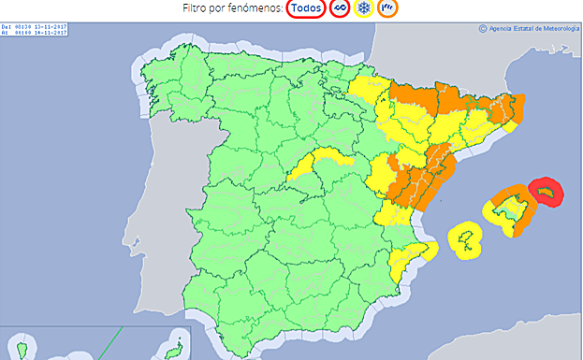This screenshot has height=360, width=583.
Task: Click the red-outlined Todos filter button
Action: pos(306,8)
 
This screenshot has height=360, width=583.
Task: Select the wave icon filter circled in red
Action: pos(341,8)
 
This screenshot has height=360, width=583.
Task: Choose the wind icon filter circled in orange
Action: pos(387,8)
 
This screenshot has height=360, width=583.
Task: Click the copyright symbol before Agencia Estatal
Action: pos(483,28)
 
